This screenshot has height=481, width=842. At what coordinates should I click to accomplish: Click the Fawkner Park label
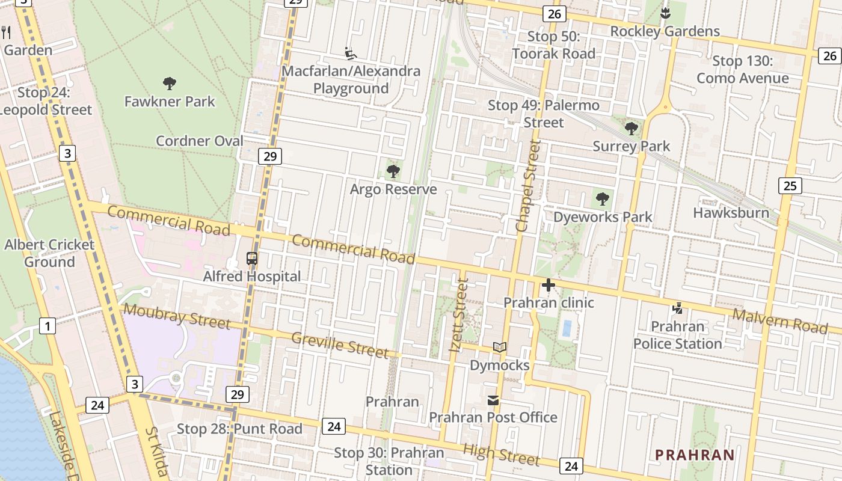tap(170, 101)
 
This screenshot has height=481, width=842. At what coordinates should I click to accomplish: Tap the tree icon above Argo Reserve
tap(393, 172)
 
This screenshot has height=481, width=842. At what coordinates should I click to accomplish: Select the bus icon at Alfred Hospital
tap(252, 259)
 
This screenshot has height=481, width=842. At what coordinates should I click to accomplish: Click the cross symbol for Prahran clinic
tap(549, 285)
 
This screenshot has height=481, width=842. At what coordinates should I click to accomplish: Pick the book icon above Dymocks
tap(500, 347)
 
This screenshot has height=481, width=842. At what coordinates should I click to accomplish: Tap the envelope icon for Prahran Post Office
tap(493, 400)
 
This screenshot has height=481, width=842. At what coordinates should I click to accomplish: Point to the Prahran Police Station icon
tap(678, 308)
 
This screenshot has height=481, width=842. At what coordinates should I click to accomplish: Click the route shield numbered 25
tap(790, 185)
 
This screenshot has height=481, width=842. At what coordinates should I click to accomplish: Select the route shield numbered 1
tap(48, 326)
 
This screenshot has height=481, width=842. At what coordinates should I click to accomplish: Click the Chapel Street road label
tap(529, 186)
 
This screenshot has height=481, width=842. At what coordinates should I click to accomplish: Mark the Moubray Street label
tap(176, 316)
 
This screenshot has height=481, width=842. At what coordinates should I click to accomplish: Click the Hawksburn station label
tap(731, 213)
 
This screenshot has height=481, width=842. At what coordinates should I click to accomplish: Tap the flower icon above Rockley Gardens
tap(665, 13)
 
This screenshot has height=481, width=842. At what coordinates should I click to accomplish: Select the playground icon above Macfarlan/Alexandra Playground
tap(351, 54)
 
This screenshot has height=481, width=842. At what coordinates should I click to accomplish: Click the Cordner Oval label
tap(200, 141)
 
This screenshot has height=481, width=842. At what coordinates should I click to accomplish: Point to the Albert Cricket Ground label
tap(49, 253)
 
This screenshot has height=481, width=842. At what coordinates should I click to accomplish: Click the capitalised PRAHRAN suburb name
tap(695, 455)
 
